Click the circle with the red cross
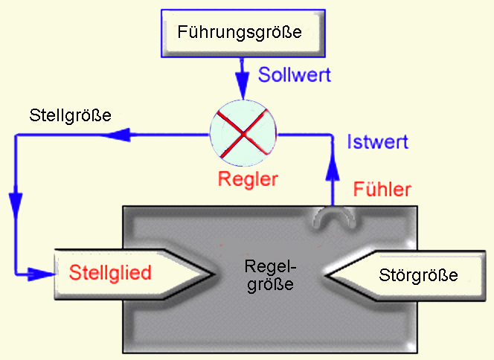tap(243, 135)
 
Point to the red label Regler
tap(248, 179)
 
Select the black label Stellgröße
tap(71, 115)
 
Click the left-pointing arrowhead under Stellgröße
tap(119, 135)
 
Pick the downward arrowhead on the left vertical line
tap(16, 202)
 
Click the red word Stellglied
tap(111, 272)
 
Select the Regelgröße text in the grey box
tap(270, 274)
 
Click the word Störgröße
tap(417, 274)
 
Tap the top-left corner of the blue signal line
tap(16, 135)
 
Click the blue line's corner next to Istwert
tap(332, 135)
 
